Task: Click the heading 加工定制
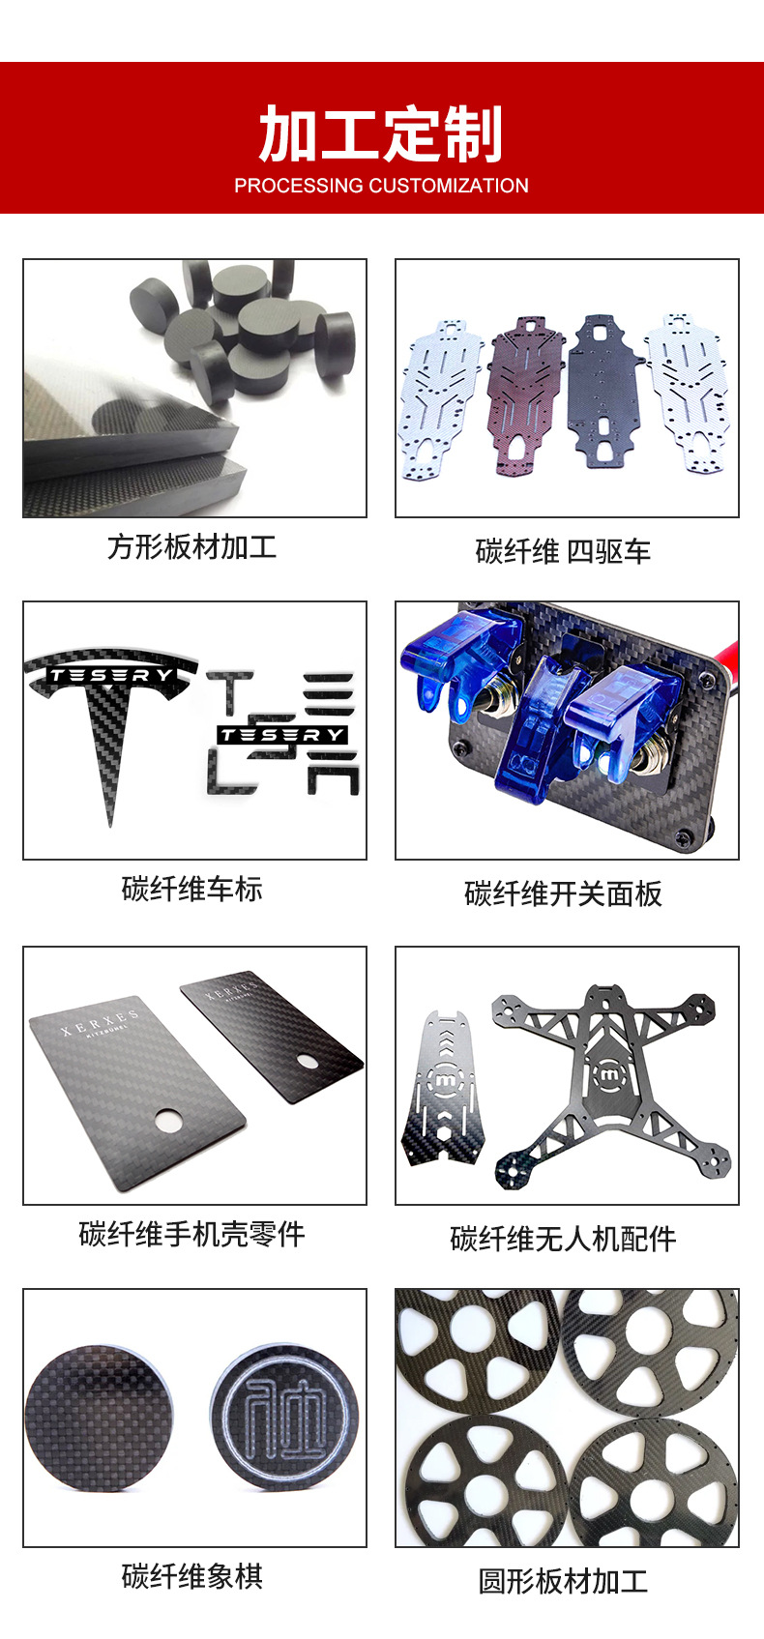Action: pyautogui.click(x=380, y=133)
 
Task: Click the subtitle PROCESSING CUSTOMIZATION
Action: pyautogui.click(x=381, y=186)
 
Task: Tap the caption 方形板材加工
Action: pyautogui.click(x=191, y=546)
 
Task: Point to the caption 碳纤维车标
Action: pyautogui.click(x=191, y=889)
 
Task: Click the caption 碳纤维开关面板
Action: pyautogui.click(x=564, y=894)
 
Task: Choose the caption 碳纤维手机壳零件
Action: pyautogui.click(x=191, y=1235)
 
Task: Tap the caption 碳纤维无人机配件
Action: pyautogui.click(x=564, y=1239)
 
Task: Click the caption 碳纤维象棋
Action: pyautogui.click(x=191, y=1576)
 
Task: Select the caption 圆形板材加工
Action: pyautogui.click(x=564, y=1581)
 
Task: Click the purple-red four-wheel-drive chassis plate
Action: pyautogui.click(x=525, y=395)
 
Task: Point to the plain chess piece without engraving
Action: pyautogui.click(x=100, y=1418)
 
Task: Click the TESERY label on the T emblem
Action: pyautogui.click(x=110, y=675)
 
